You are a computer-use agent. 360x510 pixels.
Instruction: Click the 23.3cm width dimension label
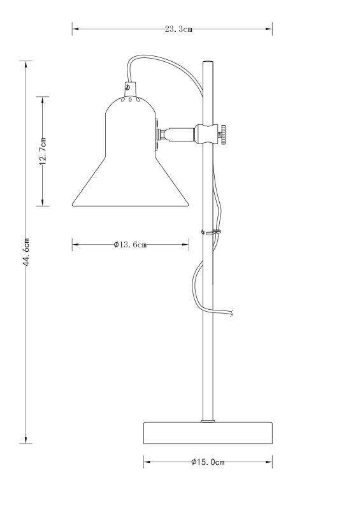click(178, 29)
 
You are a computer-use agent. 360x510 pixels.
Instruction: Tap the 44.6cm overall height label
click(27, 252)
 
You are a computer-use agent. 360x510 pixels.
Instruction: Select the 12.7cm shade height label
click(43, 151)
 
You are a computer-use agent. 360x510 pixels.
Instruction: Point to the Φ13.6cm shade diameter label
click(130, 244)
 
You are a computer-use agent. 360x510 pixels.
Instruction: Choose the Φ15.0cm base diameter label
click(208, 462)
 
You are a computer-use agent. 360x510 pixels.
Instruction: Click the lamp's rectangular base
click(208, 433)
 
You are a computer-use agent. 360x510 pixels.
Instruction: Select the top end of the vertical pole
click(208, 63)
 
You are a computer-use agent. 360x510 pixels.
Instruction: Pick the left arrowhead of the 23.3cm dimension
click(74, 29)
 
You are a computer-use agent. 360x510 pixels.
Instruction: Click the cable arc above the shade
click(159, 61)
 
